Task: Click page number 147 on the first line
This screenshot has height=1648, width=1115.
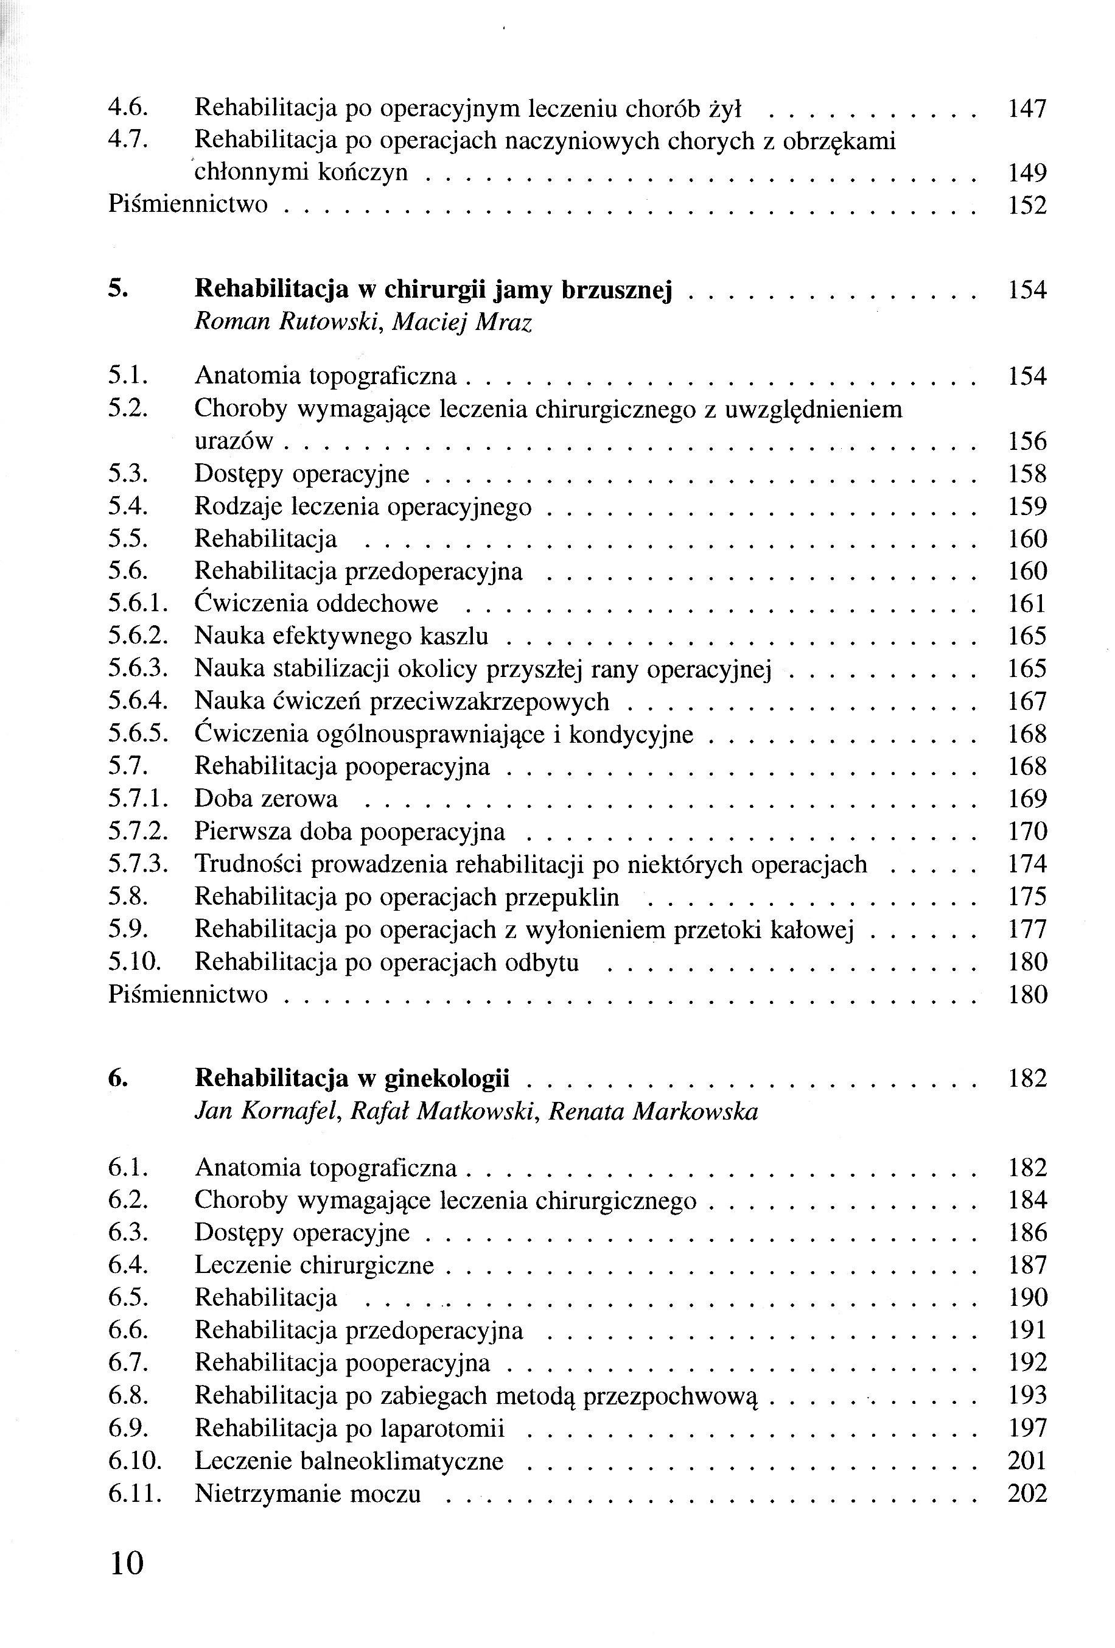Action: click(1026, 109)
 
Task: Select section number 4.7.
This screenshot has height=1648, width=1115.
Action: click(128, 141)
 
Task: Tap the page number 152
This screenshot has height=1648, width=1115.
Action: click(1026, 206)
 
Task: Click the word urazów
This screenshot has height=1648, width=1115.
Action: click(233, 442)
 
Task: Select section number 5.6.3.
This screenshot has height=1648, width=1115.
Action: click(138, 668)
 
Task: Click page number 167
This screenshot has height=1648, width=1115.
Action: click(1026, 701)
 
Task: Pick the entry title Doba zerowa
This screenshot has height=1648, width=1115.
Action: click(266, 799)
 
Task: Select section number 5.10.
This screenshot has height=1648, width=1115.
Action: click(134, 963)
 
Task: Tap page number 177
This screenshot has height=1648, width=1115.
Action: click(1026, 930)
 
